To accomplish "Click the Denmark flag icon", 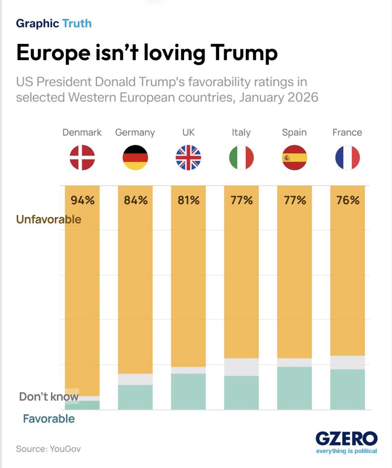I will pos(82,158).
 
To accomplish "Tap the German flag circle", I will pos(135,158).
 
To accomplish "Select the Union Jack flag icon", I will pos(188,158).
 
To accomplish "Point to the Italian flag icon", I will pos(242,158).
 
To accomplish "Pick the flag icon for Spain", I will pos(295,158).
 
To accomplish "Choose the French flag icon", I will pos(348,158).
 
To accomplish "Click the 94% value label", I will pos(83,200).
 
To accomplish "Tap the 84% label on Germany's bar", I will pos(136,200).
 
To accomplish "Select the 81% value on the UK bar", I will pos(189,200).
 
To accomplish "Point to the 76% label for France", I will pos(348,200).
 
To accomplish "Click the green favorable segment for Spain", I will pos(295,388).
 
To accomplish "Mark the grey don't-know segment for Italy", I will pos(242,367).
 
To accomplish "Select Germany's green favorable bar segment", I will pos(135,397).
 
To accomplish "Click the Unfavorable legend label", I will pos(49,219).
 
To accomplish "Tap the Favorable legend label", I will pos(49,419).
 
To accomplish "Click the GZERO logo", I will pos(346,439).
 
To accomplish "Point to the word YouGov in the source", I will pos(65,449).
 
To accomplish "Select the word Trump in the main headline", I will pos(244,53).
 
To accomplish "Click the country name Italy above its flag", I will pos(241,132).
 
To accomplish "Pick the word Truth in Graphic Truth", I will pos(77,24).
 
